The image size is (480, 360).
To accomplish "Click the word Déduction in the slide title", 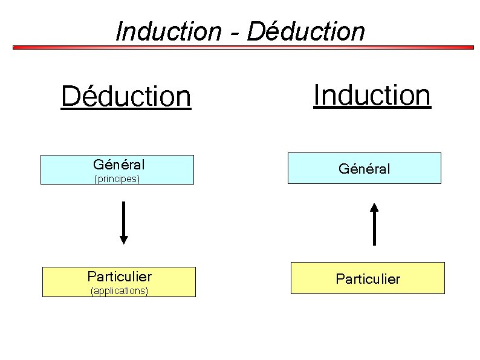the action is coord(306,31).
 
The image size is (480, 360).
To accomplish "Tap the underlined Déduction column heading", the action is coord(126,96).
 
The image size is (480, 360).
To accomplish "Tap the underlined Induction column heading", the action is coord(372,95).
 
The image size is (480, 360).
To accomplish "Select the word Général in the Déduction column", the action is coord(118,164).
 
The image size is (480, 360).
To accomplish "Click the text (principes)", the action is coord(117,178).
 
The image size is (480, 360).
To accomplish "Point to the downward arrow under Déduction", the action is coord(124,221).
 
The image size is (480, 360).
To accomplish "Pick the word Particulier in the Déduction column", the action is coord(119,277).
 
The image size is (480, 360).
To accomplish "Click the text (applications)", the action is coord(119,291).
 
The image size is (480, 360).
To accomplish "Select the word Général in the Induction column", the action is coord(364,169).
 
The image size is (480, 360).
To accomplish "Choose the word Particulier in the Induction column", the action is coord(368,279).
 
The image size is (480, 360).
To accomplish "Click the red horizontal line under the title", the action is coord(242,47).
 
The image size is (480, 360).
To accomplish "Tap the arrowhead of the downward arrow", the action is coord(124,240).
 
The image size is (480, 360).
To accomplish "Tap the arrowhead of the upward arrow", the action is coord(375,207).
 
